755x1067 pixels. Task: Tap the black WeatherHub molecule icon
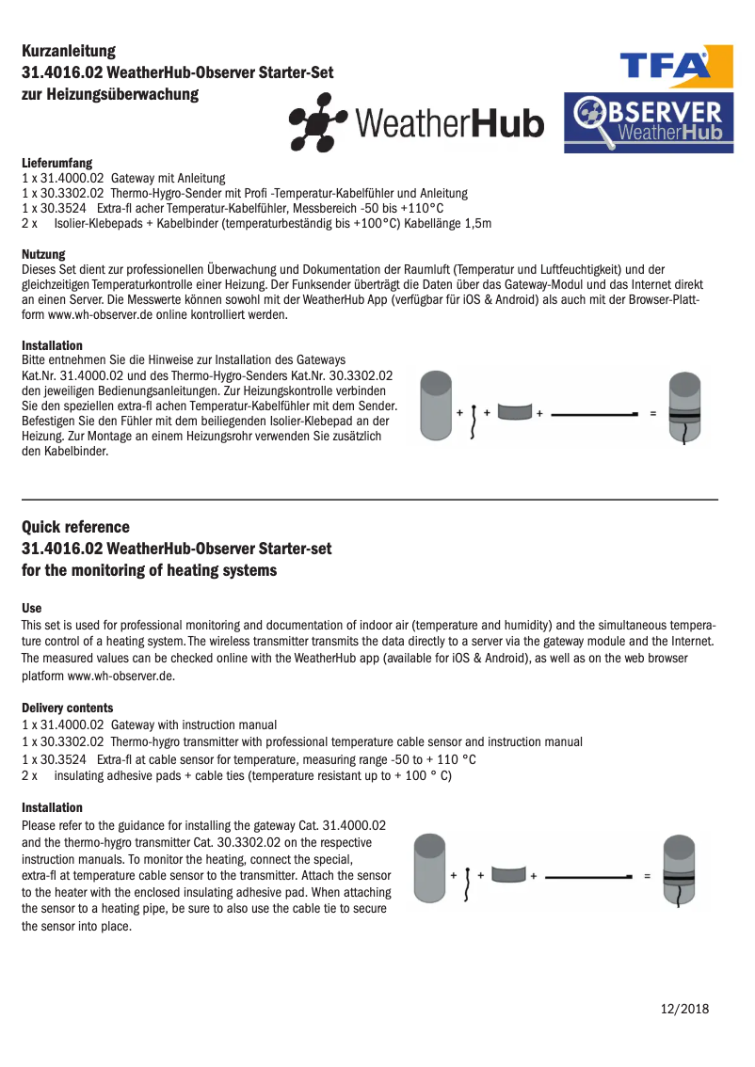tap(318, 122)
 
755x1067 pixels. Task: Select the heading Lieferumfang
tap(56, 163)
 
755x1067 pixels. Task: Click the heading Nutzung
tap(43, 254)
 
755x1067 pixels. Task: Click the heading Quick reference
tap(75, 527)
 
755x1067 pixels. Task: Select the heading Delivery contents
tap(67, 708)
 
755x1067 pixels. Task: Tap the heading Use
tap(31, 609)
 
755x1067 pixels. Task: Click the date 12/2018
tap(684, 1009)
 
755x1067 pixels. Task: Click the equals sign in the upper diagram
tap(654, 413)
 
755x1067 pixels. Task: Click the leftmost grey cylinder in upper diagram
tap(436, 406)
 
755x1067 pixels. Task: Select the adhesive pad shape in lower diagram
tap(508, 875)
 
